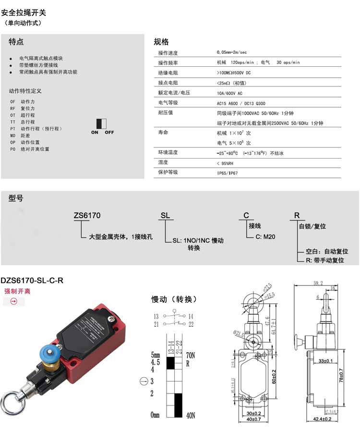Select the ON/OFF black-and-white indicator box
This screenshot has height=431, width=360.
[x=101, y=123]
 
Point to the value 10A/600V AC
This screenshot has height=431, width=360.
[x=230, y=93]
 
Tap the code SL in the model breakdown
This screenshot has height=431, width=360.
[x=165, y=216]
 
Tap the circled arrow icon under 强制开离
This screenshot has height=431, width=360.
[x=13, y=302]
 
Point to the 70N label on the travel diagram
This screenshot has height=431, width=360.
[x=191, y=356]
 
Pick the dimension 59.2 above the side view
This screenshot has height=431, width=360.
[x=318, y=283]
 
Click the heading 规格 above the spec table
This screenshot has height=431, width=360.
[x=161, y=42]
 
